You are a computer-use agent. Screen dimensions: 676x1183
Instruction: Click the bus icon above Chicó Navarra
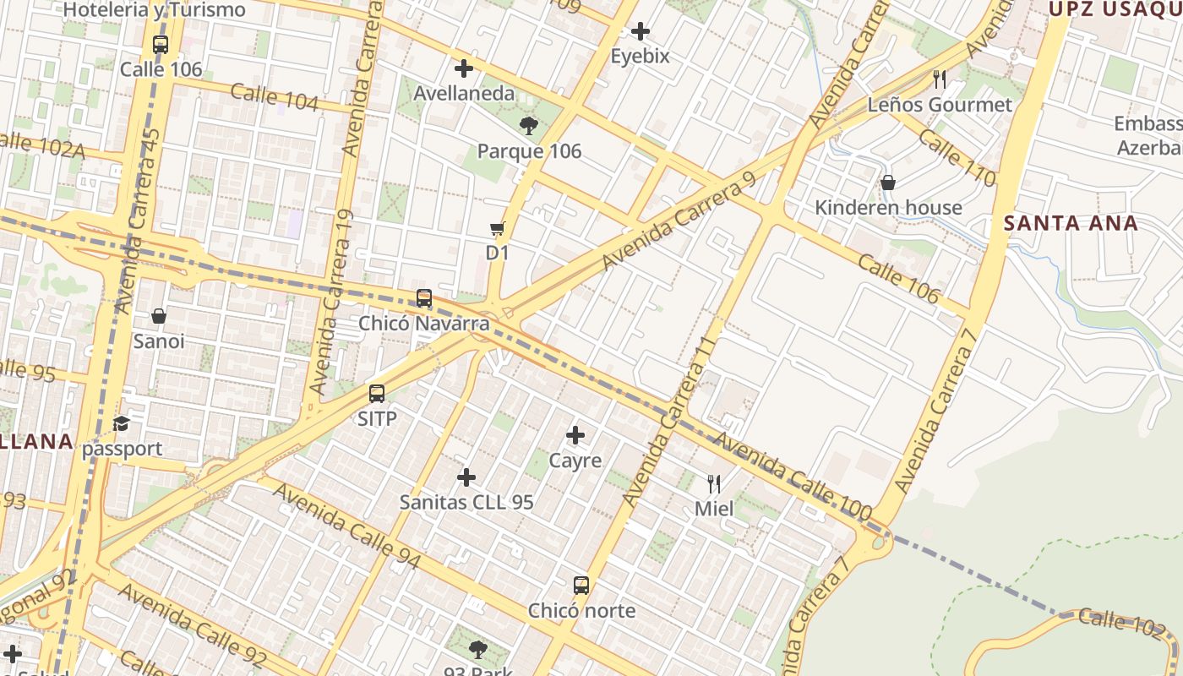point(424,298)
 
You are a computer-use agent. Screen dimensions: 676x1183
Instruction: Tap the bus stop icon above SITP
point(377,394)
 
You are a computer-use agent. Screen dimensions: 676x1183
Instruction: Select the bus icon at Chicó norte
point(581,586)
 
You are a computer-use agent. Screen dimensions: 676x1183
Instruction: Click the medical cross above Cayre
point(575,435)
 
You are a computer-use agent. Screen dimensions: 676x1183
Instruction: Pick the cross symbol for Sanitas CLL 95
point(466,477)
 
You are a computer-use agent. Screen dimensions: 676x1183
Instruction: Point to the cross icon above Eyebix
point(641,32)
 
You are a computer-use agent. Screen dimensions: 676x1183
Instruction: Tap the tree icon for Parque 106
point(529,127)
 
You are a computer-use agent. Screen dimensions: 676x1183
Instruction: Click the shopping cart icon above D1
point(497,228)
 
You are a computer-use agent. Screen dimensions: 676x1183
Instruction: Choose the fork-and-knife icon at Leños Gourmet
point(940,79)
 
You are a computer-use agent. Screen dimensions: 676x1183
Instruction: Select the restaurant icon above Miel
point(714,484)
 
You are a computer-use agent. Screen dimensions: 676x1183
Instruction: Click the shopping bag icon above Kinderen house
point(888,183)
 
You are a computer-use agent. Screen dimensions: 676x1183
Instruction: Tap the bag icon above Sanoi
point(159,317)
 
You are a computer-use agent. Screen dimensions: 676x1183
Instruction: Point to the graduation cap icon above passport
point(122,423)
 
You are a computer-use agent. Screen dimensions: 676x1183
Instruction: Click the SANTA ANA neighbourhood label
point(1071,224)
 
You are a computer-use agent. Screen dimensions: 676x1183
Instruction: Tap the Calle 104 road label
point(275,98)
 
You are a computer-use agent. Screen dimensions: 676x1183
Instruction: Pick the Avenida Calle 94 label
point(346,526)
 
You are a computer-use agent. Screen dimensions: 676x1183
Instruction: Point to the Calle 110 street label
point(957,157)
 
